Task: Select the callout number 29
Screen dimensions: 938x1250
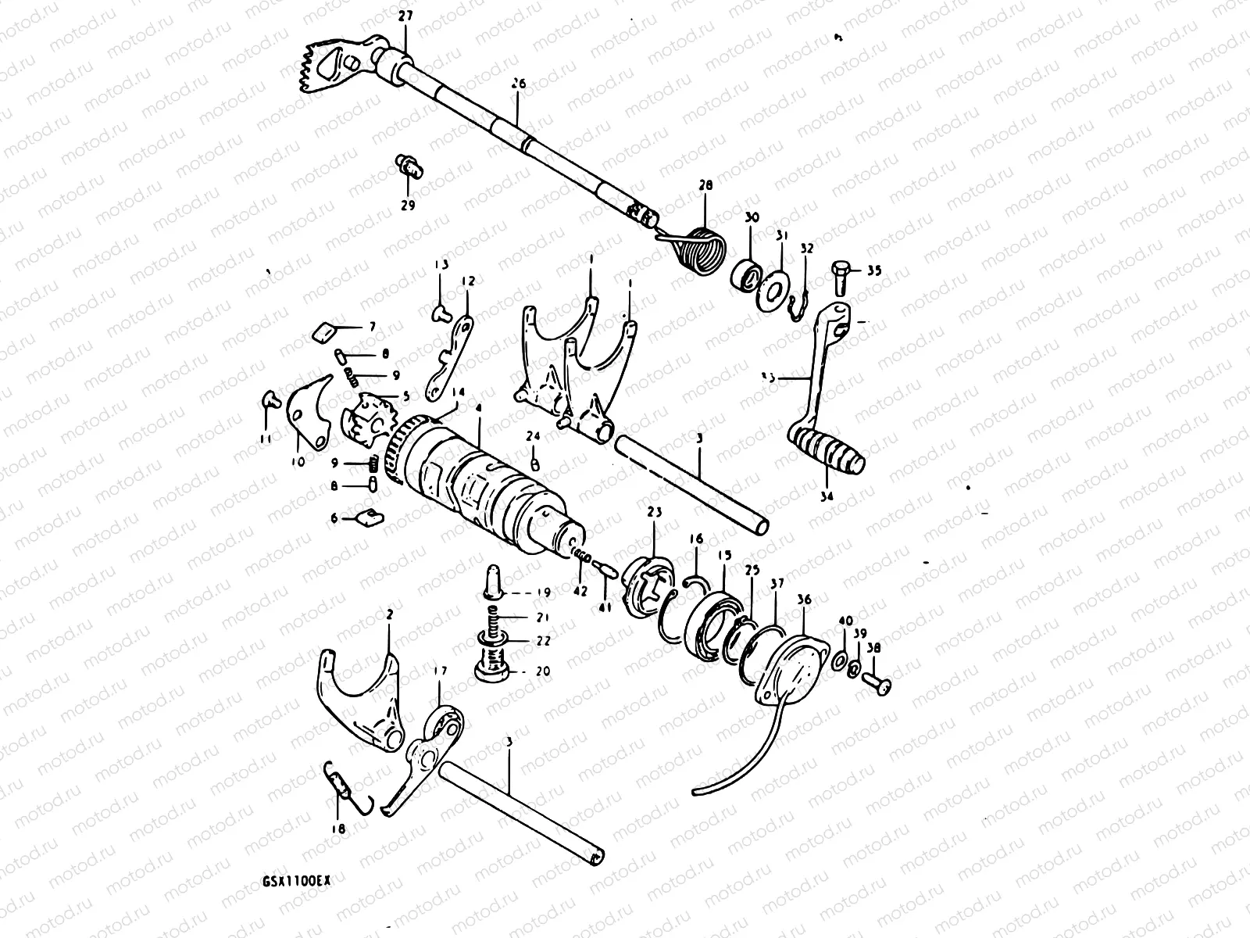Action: (407, 206)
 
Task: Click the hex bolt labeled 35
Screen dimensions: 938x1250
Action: (841, 274)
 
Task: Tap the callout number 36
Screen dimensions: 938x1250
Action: (804, 600)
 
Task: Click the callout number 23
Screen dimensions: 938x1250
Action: (654, 512)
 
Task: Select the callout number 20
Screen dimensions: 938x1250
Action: (543, 671)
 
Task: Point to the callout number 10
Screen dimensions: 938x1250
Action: (298, 463)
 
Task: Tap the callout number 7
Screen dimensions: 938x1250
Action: (372, 325)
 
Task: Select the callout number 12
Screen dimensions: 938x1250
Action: (466, 281)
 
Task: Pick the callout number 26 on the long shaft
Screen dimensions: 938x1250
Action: (516, 102)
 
